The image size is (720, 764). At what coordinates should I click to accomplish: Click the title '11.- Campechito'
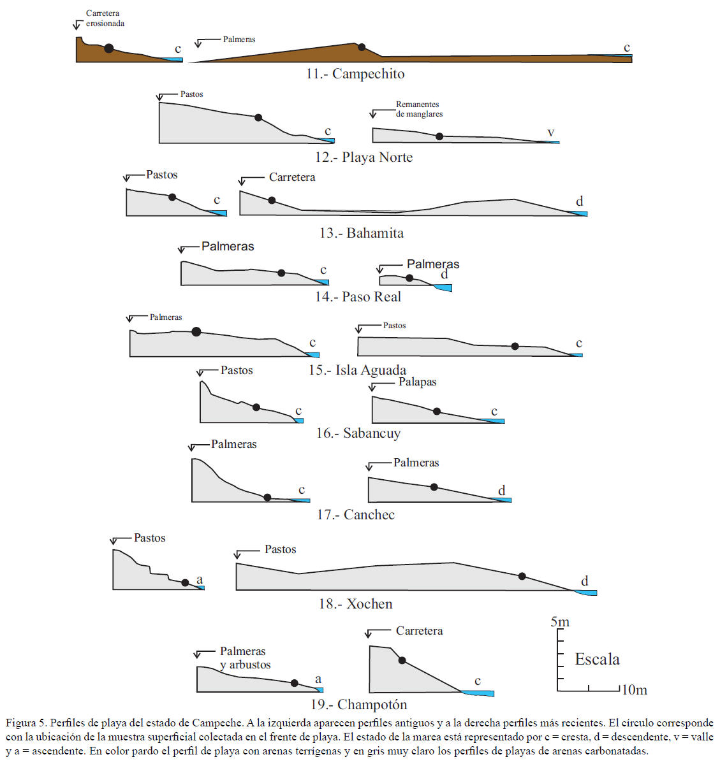(355, 74)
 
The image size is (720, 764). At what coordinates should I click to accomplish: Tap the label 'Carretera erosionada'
(105, 18)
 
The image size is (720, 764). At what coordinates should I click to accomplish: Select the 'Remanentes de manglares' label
(419, 109)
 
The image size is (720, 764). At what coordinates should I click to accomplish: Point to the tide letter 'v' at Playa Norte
(551, 133)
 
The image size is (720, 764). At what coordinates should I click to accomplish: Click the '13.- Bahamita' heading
(362, 233)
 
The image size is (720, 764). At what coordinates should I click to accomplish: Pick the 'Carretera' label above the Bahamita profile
(292, 177)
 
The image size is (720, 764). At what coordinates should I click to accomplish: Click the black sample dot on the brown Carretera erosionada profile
(109, 48)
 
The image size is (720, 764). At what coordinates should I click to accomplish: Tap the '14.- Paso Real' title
(358, 297)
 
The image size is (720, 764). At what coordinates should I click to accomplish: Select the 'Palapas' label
(418, 382)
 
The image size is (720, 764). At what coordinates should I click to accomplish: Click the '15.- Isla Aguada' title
(358, 370)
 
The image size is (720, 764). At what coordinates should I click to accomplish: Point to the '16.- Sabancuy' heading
(358, 433)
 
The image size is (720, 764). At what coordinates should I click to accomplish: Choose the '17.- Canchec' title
(356, 515)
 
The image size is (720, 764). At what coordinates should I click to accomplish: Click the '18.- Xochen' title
(356, 604)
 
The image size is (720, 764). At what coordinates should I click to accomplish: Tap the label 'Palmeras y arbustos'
(245, 658)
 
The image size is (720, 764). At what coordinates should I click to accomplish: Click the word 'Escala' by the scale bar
(597, 659)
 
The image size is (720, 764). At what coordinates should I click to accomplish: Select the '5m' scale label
(560, 622)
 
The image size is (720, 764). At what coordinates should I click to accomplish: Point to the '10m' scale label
(635, 690)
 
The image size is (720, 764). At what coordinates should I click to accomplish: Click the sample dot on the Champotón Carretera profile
(402, 660)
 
